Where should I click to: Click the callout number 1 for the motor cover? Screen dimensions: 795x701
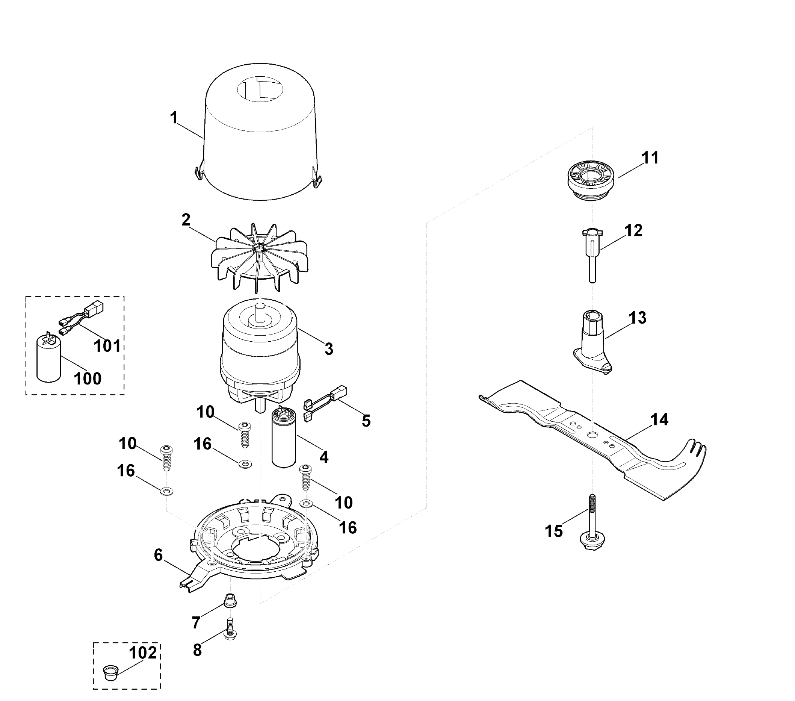[x=174, y=118]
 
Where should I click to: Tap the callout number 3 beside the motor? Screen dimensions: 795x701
[x=329, y=349]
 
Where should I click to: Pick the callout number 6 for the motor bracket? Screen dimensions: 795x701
[x=158, y=555]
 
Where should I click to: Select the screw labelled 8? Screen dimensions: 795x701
[x=231, y=628]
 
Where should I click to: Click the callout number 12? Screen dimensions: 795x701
[x=633, y=230]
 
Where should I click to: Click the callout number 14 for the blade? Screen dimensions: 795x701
[x=659, y=419]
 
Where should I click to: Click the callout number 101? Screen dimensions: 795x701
[x=107, y=346]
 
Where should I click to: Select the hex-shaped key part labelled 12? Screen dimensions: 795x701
[x=592, y=255]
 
